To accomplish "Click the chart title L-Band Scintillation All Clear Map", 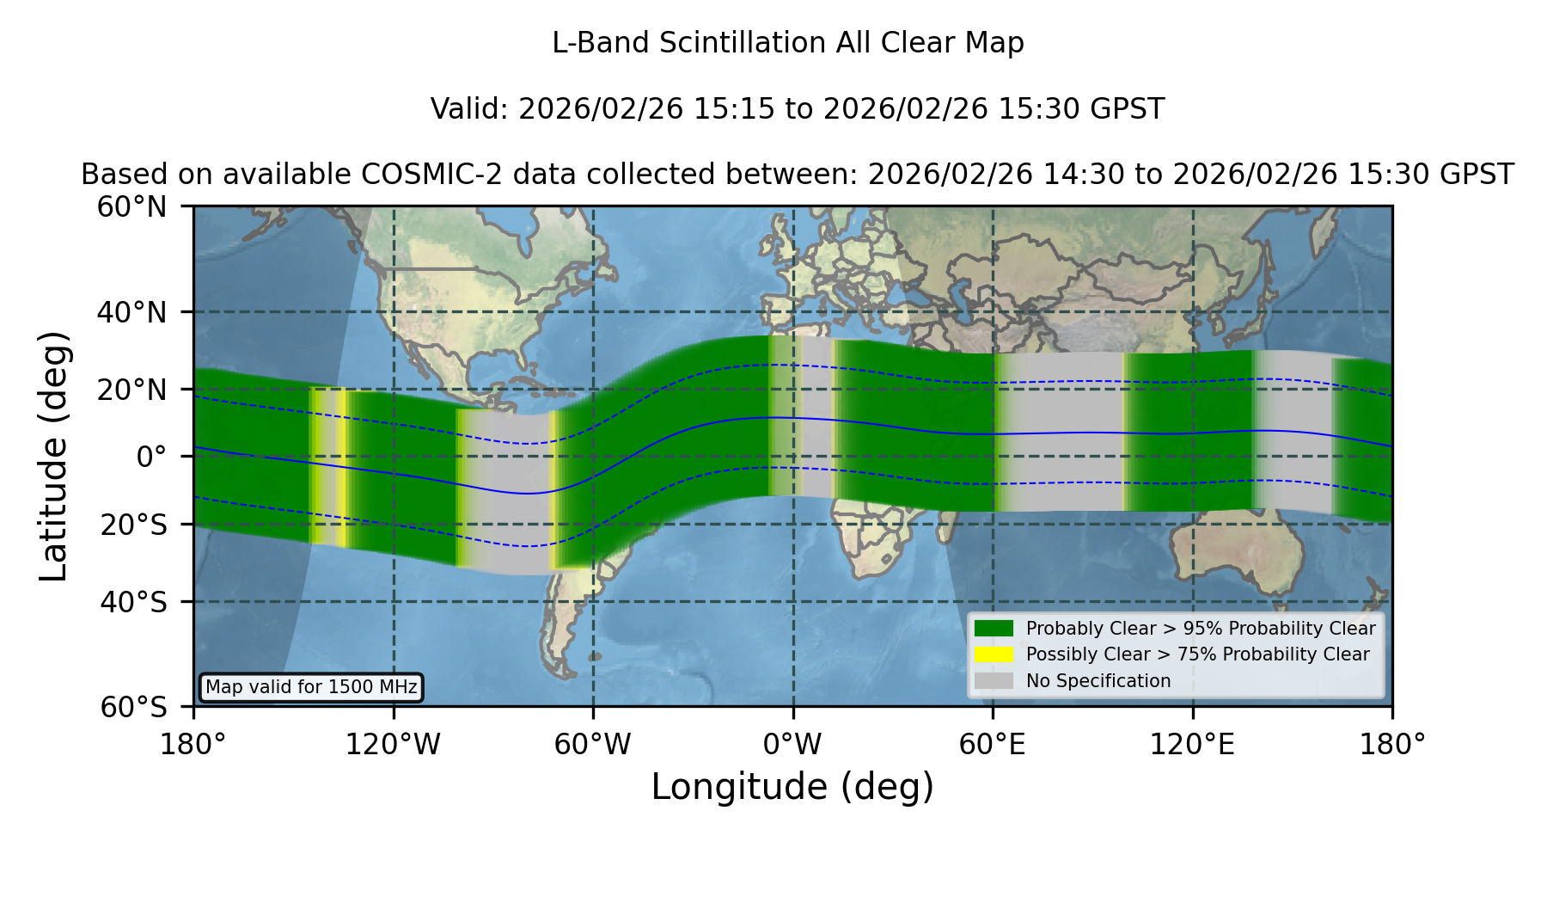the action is point(788,43).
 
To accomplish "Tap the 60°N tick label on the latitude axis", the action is point(132,207).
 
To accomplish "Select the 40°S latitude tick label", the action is point(134,602).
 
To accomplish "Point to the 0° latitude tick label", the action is point(151,457).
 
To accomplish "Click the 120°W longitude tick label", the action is point(393,745).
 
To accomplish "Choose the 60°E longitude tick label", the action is point(993,745).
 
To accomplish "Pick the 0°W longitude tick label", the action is point(793,745).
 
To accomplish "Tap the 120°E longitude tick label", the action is point(1192,745).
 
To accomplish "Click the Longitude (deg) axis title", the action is point(792,787).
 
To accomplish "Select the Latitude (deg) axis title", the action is point(53,456).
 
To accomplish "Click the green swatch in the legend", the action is point(994,629).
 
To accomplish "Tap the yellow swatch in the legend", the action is point(994,654).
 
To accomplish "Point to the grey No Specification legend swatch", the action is point(994,681).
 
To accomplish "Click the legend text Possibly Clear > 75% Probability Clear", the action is point(1198,654).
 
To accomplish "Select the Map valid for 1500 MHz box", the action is point(311,687).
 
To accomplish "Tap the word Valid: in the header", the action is point(469,109).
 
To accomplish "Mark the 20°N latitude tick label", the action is point(132,390).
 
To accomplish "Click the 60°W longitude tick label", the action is point(593,745).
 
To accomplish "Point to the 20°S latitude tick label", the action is point(134,525).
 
